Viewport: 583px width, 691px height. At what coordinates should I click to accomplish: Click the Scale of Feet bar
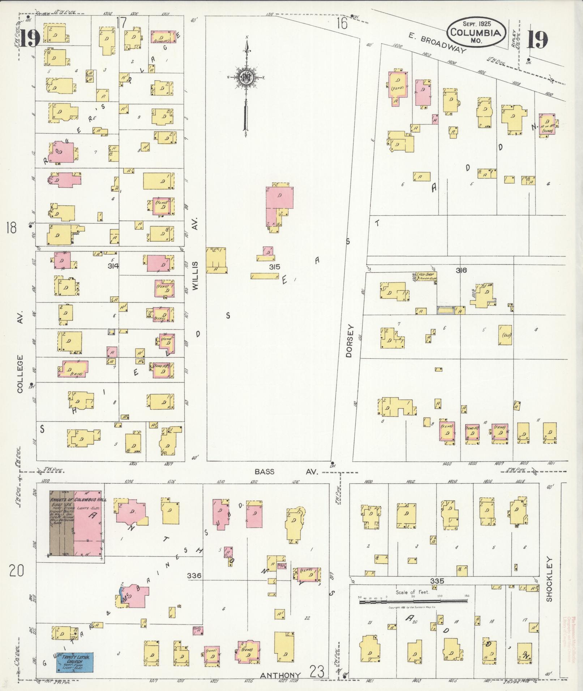(x=413, y=602)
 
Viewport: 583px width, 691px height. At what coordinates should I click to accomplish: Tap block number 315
(x=275, y=267)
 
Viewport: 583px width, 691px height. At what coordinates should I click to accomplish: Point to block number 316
(x=461, y=270)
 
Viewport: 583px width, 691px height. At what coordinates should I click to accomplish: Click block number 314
(x=113, y=266)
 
